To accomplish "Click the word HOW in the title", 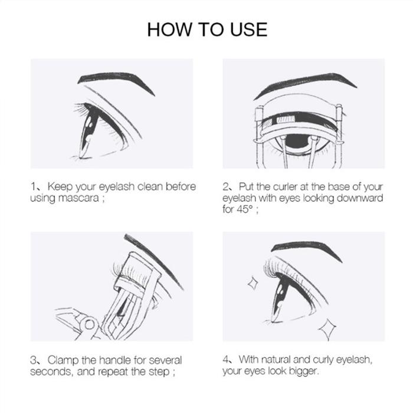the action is click(x=170, y=29).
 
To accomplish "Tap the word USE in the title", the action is click(x=248, y=29).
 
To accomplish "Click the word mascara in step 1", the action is click(x=78, y=198).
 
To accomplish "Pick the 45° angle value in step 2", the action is click(x=244, y=209).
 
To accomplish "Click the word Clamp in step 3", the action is click(x=63, y=360).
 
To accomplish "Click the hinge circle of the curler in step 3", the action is click(x=90, y=324).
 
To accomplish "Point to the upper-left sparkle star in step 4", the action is click(x=253, y=283).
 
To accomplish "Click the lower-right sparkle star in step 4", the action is click(x=327, y=329).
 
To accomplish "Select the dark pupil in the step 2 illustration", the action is click(x=297, y=140).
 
